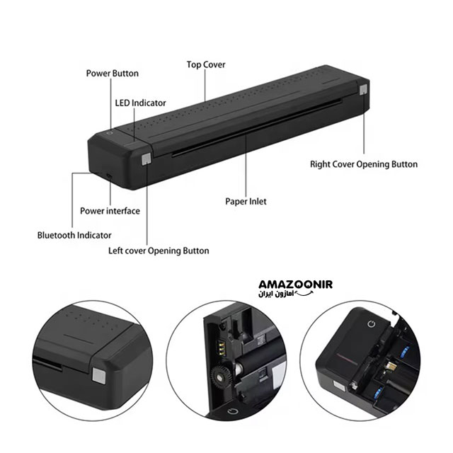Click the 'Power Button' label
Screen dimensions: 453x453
pos(113,74)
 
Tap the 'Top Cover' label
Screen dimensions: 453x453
pos(206,64)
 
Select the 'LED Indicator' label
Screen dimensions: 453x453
pos(140,103)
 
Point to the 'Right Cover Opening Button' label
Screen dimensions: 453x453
pos(364,164)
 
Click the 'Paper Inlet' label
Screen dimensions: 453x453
pos(246,201)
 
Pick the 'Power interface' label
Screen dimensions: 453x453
pos(110,211)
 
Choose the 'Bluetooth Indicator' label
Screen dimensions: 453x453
pos(74,235)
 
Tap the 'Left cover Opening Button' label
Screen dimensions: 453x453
pos(159,251)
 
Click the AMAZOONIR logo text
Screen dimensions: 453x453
pos(296,285)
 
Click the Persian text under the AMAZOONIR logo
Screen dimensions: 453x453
pos(276,294)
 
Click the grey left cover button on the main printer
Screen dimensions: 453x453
pos(147,159)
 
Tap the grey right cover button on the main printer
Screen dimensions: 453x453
pos(363,90)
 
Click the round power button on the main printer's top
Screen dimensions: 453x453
pos(109,133)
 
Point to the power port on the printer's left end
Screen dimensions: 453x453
pos(108,176)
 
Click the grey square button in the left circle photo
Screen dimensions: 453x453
pos(99,376)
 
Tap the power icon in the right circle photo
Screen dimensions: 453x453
pos(372,324)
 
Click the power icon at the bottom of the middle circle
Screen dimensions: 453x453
pos(233,411)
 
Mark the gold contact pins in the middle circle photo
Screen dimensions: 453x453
pos(221,348)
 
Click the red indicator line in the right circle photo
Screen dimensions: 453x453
pos(349,358)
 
